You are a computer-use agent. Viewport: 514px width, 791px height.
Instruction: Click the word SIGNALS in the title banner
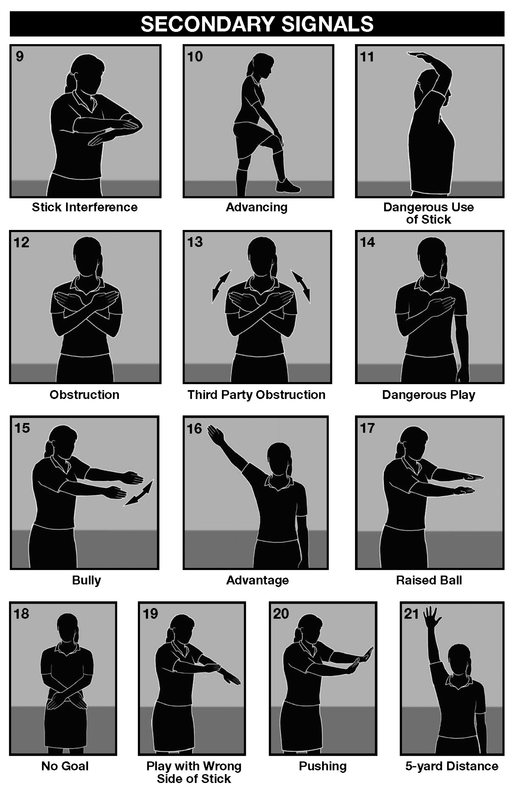[327, 24]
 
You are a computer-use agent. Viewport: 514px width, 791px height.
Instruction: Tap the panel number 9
[20, 57]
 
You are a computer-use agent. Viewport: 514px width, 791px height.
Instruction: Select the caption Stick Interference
[85, 207]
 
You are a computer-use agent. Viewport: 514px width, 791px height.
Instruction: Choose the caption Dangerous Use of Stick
[429, 213]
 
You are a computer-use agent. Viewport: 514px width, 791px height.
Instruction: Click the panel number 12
[22, 242]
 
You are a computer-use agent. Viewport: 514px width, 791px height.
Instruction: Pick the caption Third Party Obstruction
[256, 394]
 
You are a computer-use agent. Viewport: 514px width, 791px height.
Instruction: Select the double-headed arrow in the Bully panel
[139, 493]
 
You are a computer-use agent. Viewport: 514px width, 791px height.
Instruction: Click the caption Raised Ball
[429, 580]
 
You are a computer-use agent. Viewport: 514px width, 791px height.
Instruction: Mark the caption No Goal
[65, 766]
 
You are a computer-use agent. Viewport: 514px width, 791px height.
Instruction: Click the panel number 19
[150, 614]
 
